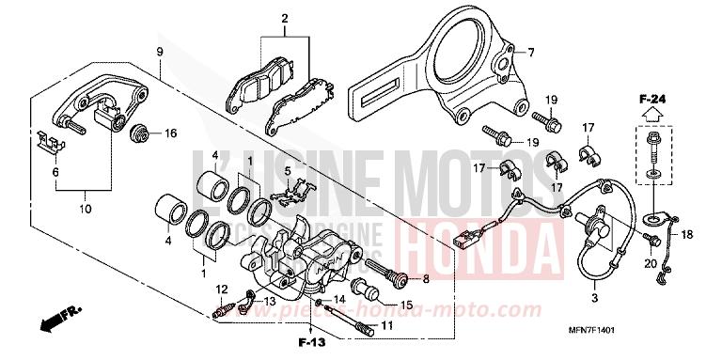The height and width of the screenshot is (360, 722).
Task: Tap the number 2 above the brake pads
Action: (283, 19)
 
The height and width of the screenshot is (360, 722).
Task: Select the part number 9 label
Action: (160, 51)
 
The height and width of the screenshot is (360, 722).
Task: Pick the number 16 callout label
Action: (170, 133)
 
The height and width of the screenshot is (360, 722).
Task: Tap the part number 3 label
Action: (594, 298)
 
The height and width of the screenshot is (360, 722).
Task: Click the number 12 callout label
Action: (222, 288)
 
